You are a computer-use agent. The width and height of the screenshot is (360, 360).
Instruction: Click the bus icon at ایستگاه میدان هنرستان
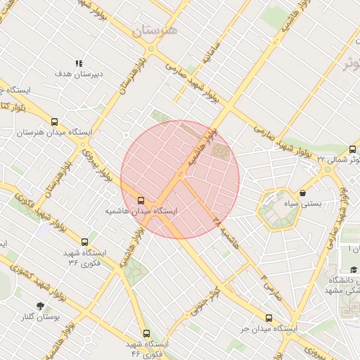pos(55,122)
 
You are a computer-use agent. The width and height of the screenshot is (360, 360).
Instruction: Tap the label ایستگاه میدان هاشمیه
pos(141,211)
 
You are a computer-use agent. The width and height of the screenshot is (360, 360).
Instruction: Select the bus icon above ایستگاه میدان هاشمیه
pos(141,200)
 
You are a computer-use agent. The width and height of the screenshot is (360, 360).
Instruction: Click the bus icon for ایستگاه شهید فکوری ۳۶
pos(85,242)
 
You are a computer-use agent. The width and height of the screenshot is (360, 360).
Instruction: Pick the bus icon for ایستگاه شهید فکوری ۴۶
pos(146,333)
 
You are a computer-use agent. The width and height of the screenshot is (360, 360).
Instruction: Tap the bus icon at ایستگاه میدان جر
pos(269,318)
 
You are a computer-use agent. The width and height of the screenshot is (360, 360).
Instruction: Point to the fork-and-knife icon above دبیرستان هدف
pos(79,63)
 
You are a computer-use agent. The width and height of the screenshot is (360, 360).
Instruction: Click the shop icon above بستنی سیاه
pos(302,193)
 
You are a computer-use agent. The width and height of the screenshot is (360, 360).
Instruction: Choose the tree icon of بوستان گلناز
pos(39,306)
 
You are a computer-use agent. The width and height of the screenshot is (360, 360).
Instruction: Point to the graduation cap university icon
pos(354,269)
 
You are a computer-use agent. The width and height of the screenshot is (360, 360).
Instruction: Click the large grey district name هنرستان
pos(155,31)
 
